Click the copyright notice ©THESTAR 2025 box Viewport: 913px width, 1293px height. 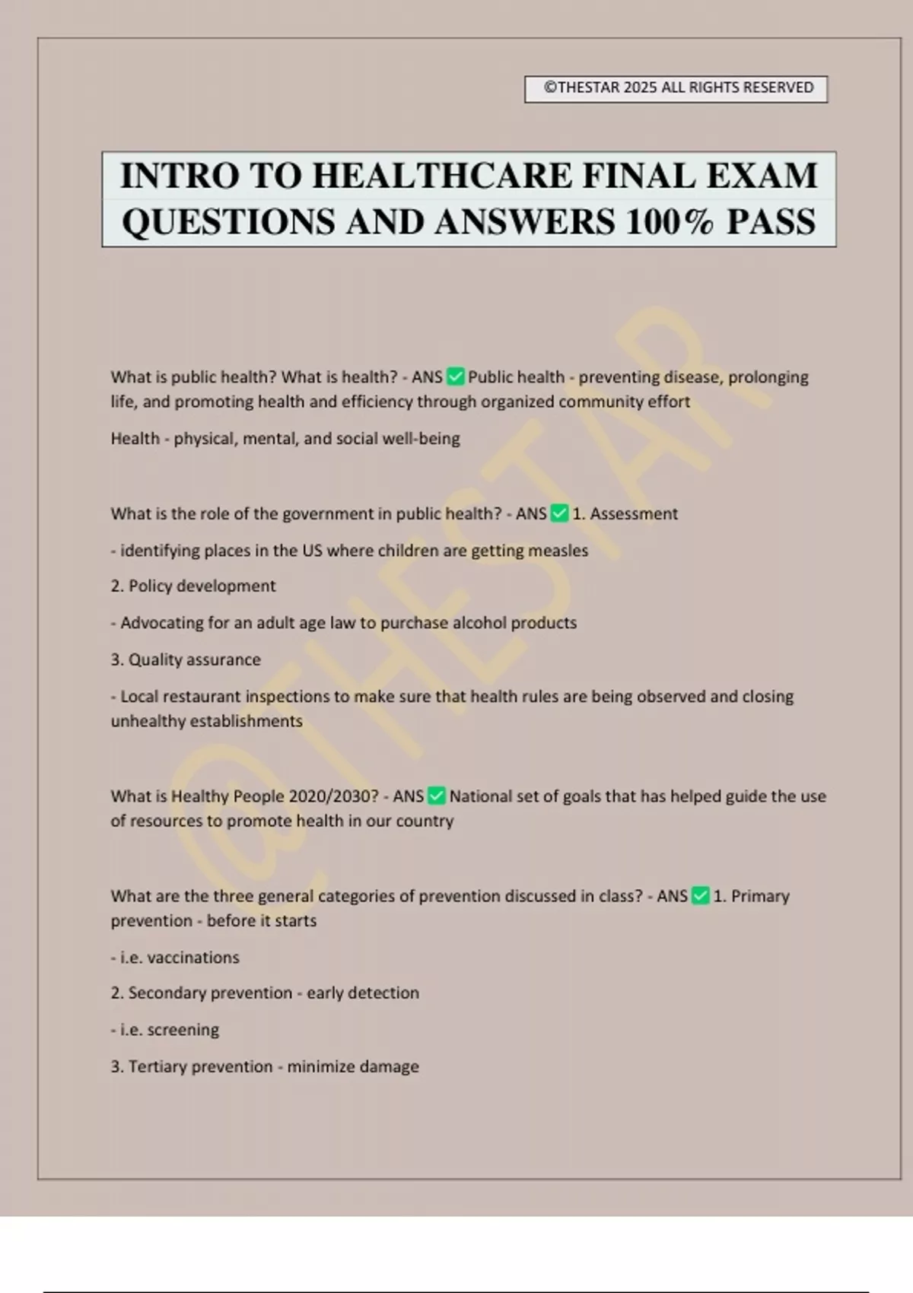(x=676, y=88)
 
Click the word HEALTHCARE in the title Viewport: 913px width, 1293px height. (x=442, y=176)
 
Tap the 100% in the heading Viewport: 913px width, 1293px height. (x=670, y=222)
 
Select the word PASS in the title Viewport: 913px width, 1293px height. (x=771, y=222)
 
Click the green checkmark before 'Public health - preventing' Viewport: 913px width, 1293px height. (x=455, y=376)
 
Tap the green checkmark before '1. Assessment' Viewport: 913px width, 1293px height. (x=559, y=513)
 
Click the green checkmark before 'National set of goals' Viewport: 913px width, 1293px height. (x=437, y=796)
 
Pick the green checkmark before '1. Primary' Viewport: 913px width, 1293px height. (x=701, y=896)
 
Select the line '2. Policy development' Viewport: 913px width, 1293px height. (x=193, y=586)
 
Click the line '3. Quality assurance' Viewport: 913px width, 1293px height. (x=186, y=659)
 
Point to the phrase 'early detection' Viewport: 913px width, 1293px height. (x=363, y=993)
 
